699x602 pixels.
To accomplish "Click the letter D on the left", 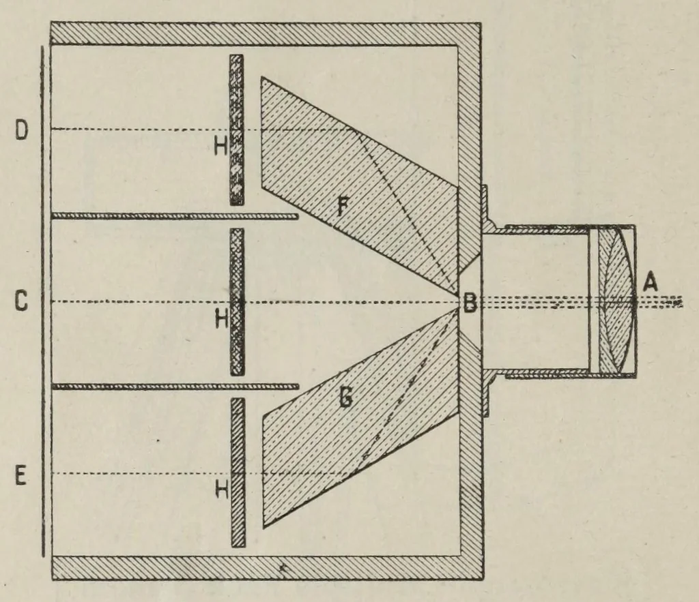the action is pyautogui.click(x=22, y=130).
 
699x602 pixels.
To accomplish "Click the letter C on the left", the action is pyautogui.click(x=21, y=301).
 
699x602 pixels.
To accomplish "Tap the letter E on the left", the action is pyautogui.click(x=20, y=476).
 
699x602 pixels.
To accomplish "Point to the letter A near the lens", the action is pyautogui.click(x=651, y=282).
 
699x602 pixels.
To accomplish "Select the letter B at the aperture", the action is pyautogui.click(x=470, y=304).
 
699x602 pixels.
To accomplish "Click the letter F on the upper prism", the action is pyautogui.click(x=342, y=206).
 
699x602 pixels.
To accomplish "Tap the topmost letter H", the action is pyautogui.click(x=220, y=145).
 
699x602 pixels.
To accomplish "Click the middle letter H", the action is pyautogui.click(x=222, y=318).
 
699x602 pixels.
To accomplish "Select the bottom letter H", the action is pyautogui.click(x=222, y=490).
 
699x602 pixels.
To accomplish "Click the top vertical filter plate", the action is pyautogui.click(x=237, y=130).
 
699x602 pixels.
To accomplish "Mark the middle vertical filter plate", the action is pyautogui.click(x=237, y=302).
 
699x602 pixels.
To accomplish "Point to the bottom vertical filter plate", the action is pyautogui.click(x=238, y=472).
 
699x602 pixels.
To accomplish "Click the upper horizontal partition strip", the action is pyautogui.click(x=175, y=216).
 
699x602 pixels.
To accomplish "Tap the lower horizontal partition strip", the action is pyautogui.click(x=175, y=386).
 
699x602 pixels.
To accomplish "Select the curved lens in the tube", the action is pyautogui.click(x=617, y=301).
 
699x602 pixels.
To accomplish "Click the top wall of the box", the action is pyautogui.click(x=266, y=33).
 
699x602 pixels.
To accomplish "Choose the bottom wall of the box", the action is pyautogui.click(x=268, y=568).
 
